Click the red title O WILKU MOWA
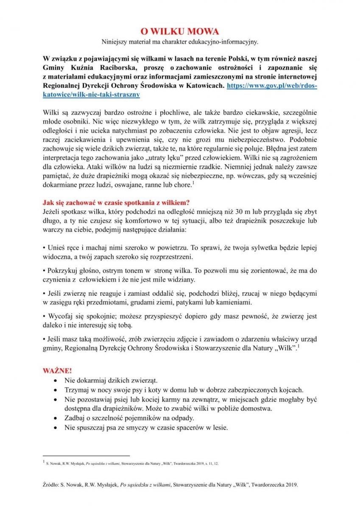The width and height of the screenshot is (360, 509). point(180,32)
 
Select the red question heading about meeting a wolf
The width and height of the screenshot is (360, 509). point(116,202)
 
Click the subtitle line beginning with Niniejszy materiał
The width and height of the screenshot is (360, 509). point(180,42)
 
